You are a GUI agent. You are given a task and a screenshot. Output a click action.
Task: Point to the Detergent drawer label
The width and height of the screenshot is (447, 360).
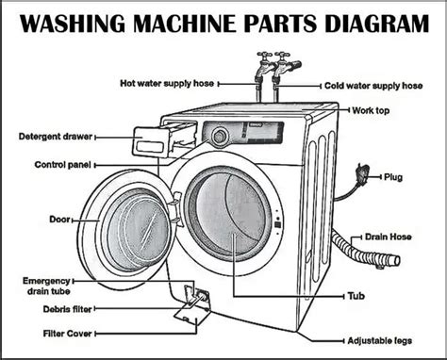pyautogui.click(x=52, y=137)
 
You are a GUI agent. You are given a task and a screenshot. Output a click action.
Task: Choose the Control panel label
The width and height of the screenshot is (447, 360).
pyautogui.click(x=64, y=164)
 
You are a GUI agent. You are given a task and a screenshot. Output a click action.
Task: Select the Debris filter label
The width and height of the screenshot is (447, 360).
pyautogui.click(x=66, y=308)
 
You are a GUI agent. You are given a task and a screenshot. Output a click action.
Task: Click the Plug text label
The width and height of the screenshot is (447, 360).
pyautogui.click(x=394, y=176)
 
